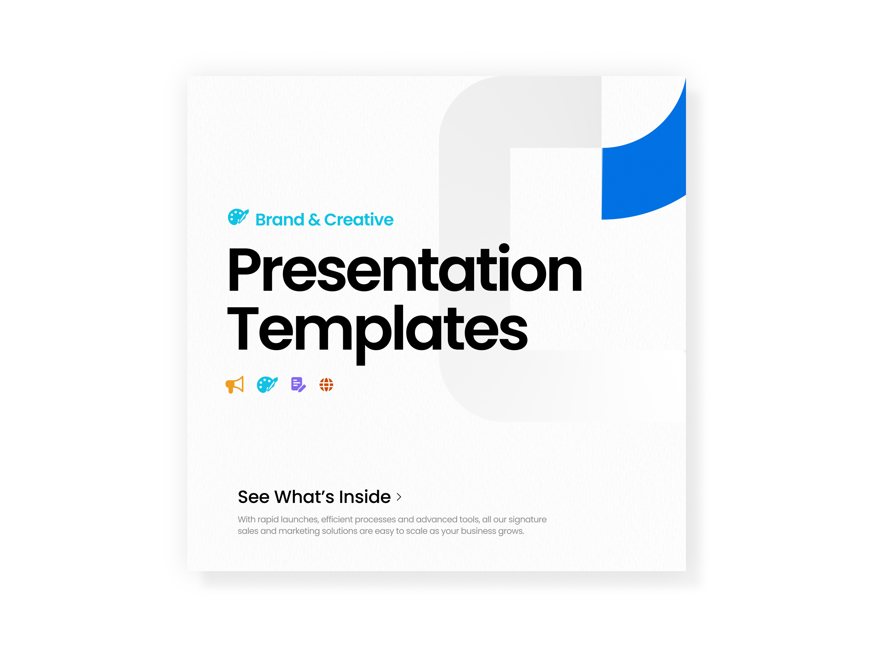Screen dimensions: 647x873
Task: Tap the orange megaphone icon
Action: [x=235, y=385]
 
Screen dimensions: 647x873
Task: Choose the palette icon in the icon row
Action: [x=267, y=385]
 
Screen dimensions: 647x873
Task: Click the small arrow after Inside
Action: [x=399, y=497]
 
